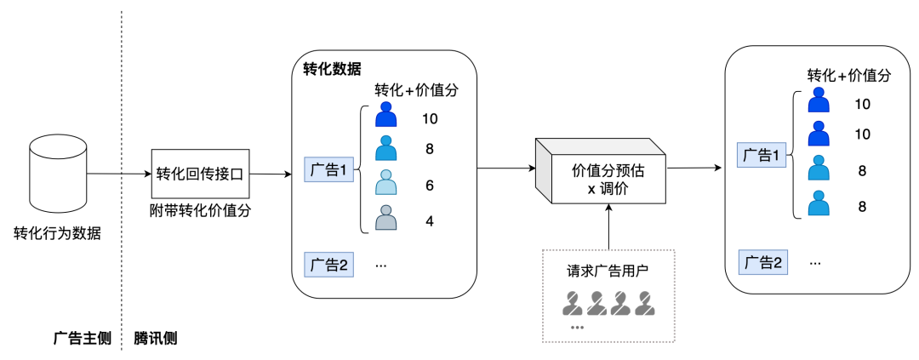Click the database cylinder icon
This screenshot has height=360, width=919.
click(x=58, y=174)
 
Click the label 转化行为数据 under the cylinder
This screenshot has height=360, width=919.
click(x=58, y=232)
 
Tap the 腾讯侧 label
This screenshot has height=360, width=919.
click(x=156, y=338)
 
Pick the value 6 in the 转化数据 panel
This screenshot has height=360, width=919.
click(x=430, y=184)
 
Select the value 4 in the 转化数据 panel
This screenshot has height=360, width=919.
click(x=430, y=220)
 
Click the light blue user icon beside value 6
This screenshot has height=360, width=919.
click(x=386, y=184)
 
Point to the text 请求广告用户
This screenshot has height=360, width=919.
click(x=608, y=272)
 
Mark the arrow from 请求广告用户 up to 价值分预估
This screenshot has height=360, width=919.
click(x=609, y=228)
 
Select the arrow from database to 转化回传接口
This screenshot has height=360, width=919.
click(x=117, y=174)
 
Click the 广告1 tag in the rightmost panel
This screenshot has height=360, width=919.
click(x=762, y=155)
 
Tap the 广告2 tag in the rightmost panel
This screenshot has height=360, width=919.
click(x=762, y=262)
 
